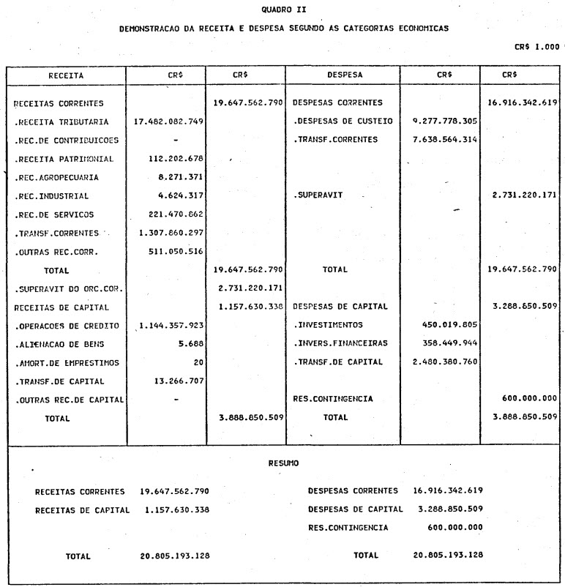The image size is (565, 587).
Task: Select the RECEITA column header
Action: [x=66, y=75]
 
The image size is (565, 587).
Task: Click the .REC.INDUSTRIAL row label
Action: [x=52, y=196]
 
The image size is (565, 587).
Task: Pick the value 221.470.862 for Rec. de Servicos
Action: [x=173, y=214]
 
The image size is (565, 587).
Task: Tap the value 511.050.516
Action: [x=173, y=252]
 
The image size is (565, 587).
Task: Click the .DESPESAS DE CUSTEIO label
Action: [x=343, y=121]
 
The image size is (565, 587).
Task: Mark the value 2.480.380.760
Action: [x=446, y=362]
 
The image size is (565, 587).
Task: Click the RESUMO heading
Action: [x=282, y=463]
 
